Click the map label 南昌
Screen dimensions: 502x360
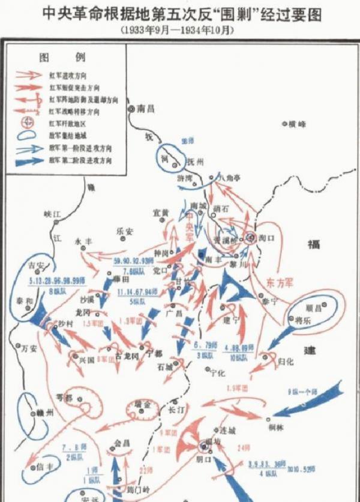pos(146,109)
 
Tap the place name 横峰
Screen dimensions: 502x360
pos(297,124)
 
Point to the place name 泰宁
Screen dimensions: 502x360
pos(277,303)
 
